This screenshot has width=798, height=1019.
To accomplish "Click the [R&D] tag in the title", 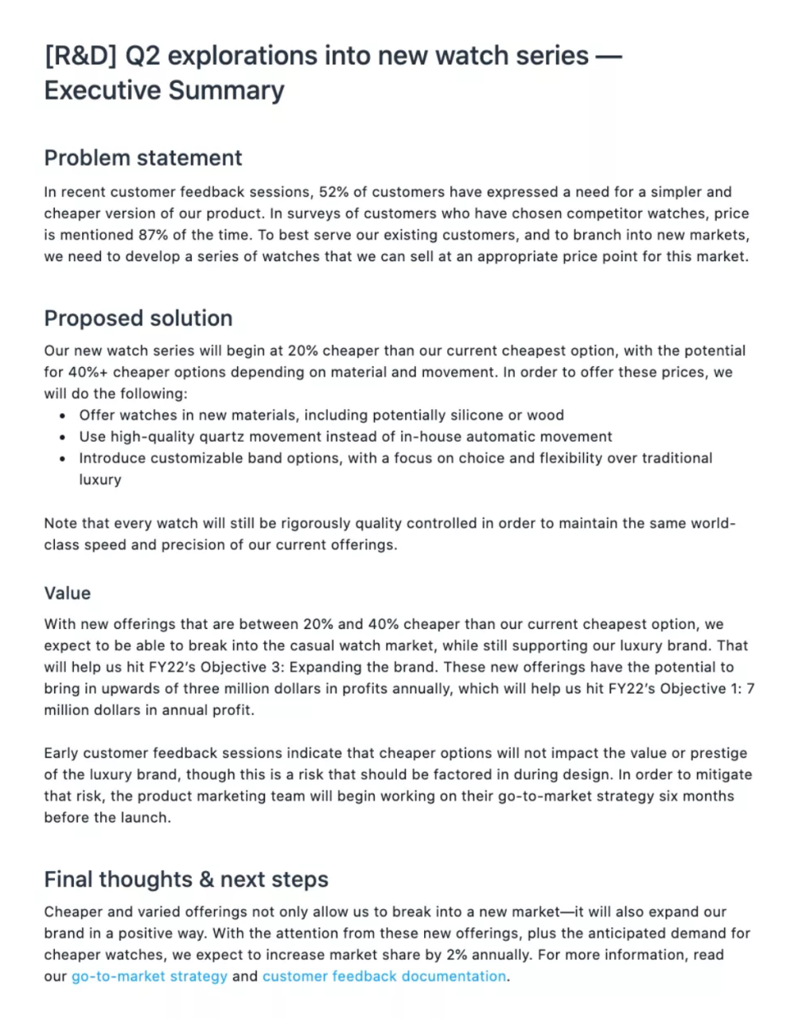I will pos(80,57).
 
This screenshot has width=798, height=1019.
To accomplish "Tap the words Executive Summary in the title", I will pos(164,91).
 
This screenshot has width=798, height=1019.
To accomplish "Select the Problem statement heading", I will pos(143,158).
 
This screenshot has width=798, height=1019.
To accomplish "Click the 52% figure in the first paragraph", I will pos(333,192).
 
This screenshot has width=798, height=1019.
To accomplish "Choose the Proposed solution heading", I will pos(138,318).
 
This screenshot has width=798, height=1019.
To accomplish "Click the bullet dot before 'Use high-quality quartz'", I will pos(63,437).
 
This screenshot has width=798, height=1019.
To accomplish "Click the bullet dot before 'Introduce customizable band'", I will pos(63,459).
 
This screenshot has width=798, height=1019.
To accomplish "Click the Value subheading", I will pos(68,593).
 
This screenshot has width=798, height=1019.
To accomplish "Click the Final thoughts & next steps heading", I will pos(186,880).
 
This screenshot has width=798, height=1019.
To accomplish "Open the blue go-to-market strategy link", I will pos(150,976).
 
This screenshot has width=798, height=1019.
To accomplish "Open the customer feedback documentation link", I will pos(384,976).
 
